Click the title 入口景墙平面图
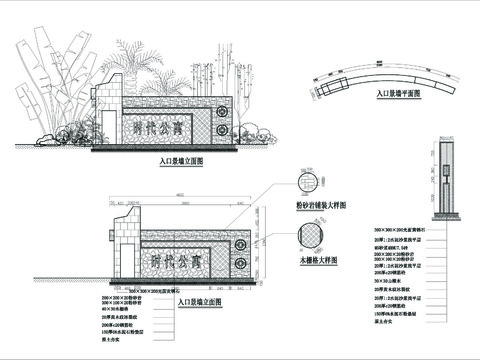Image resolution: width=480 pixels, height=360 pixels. [x=397, y=93]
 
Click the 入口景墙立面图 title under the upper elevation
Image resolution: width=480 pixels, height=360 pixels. [x=181, y=160]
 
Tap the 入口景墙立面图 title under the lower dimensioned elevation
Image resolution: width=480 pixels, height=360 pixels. [x=198, y=300]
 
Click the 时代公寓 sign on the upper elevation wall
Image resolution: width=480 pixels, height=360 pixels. [x=158, y=127]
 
